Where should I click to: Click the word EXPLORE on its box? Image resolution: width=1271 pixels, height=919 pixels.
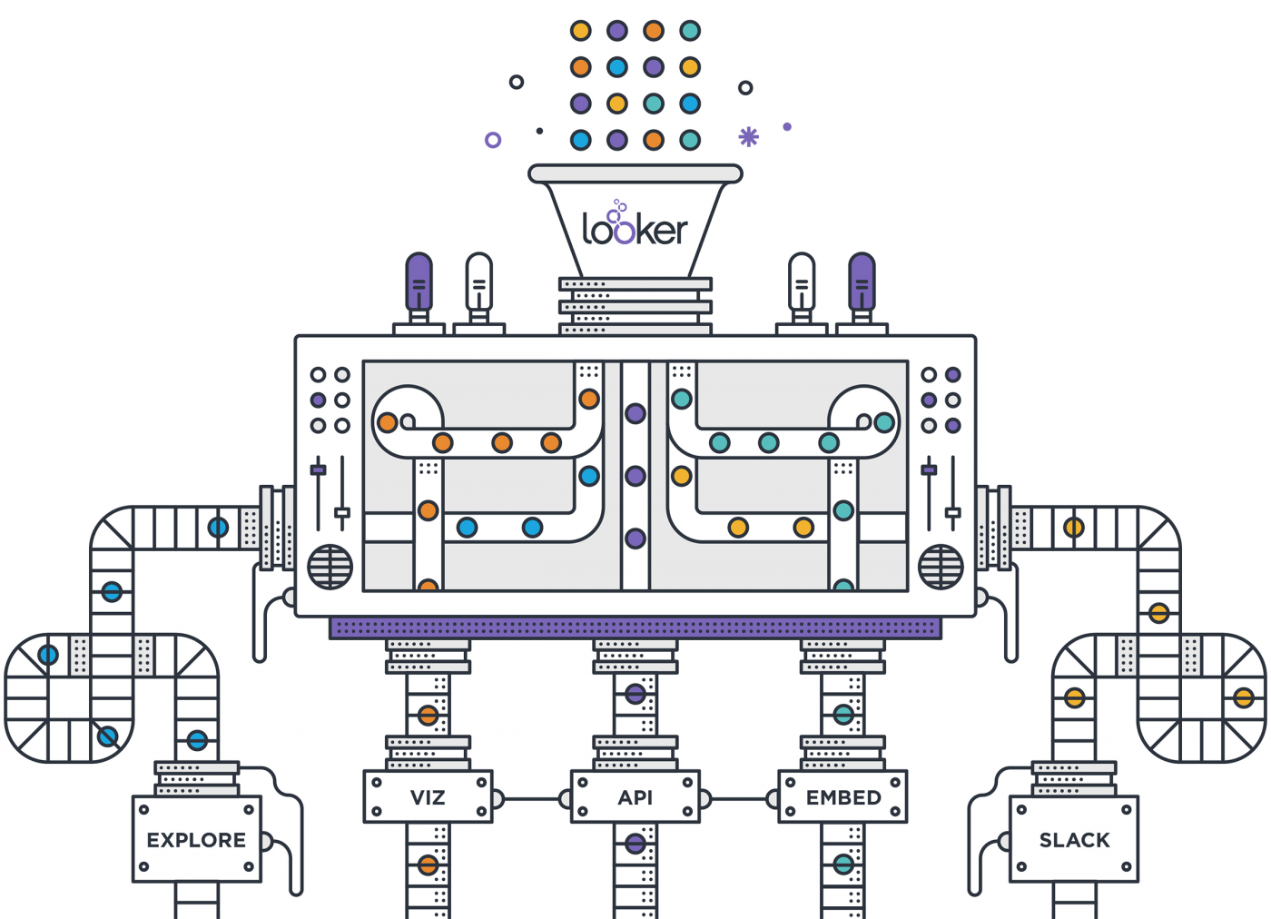(x=196, y=840)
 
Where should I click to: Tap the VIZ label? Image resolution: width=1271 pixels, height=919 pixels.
(x=428, y=797)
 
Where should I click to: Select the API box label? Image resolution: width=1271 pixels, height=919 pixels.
(x=635, y=797)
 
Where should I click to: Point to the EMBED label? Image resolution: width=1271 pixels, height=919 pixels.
(x=843, y=797)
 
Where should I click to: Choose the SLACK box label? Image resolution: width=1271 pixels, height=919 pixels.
(x=1074, y=840)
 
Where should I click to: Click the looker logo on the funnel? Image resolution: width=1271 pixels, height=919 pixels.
(x=635, y=227)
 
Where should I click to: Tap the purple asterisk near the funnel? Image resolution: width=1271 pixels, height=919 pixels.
(x=748, y=136)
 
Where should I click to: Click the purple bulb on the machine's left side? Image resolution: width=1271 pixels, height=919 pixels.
(x=419, y=282)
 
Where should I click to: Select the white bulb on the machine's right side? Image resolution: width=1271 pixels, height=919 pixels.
(x=802, y=282)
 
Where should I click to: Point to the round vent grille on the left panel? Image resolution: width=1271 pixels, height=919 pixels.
(x=330, y=567)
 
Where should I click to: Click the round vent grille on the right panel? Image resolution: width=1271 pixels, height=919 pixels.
(x=941, y=567)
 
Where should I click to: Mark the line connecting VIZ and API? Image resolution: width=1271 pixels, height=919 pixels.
(x=532, y=799)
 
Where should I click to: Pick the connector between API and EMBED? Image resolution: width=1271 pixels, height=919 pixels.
(x=739, y=799)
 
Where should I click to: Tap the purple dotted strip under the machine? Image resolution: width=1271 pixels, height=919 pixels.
(x=635, y=627)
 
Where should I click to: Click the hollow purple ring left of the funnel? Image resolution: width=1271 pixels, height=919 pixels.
(x=493, y=140)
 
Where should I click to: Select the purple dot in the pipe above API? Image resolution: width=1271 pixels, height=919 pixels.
(x=635, y=696)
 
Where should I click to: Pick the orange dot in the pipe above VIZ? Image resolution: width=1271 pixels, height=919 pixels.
(x=428, y=716)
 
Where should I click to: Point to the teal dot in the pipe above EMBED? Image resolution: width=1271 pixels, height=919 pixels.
(x=843, y=716)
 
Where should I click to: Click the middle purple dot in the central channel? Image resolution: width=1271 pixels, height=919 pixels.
(x=635, y=476)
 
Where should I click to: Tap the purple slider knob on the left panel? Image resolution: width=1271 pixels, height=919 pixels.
(x=319, y=469)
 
